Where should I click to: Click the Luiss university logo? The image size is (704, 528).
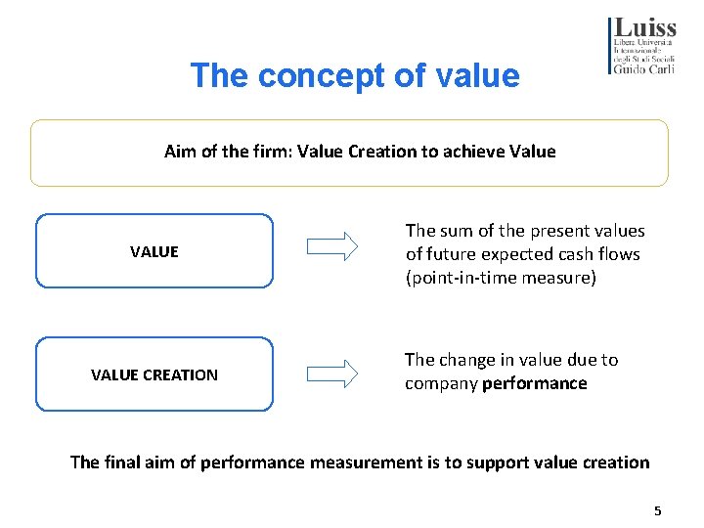coord(641,44)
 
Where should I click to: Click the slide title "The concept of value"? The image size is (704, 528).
coord(355,75)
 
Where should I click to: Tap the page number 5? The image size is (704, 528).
coord(658,510)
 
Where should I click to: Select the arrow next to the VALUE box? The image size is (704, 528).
coord(332,246)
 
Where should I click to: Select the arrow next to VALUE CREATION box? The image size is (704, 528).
coord(332,373)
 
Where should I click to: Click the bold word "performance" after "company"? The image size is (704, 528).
coord(535,383)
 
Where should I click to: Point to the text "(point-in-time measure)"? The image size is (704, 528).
coord(501,278)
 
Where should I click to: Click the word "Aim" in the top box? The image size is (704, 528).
coord(180,152)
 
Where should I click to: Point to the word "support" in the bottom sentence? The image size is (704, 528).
coord(485,462)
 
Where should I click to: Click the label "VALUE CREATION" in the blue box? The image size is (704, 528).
coord(154,374)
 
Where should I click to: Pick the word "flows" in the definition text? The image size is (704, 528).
coord(620,254)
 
